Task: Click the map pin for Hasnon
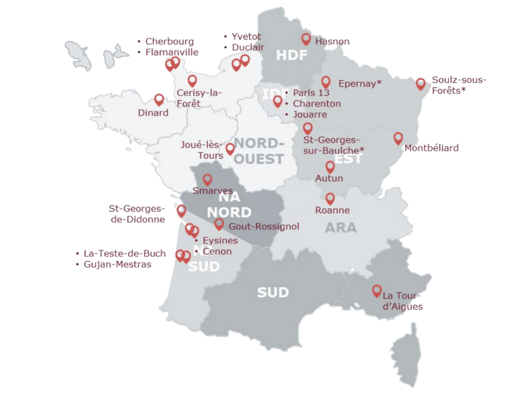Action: [x=306, y=39]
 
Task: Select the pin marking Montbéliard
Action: [x=398, y=138]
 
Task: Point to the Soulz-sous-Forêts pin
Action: [x=420, y=84]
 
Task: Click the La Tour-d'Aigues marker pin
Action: [x=377, y=291]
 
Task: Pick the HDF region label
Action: [x=291, y=56]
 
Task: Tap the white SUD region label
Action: [x=273, y=292]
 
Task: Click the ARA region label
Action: [x=341, y=228]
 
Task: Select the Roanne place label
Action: [x=332, y=210]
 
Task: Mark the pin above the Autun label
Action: [x=330, y=167]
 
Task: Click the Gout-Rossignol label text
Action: [x=264, y=226]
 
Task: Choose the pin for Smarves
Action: [x=207, y=180]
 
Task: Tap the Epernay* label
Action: [x=359, y=84]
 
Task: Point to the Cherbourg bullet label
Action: [x=169, y=42]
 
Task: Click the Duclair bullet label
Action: [x=248, y=47]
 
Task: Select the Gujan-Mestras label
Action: [x=117, y=265]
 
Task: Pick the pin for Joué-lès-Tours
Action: [x=230, y=149]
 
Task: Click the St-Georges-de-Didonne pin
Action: [x=182, y=210]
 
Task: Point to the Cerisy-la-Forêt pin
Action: [x=192, y=81]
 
